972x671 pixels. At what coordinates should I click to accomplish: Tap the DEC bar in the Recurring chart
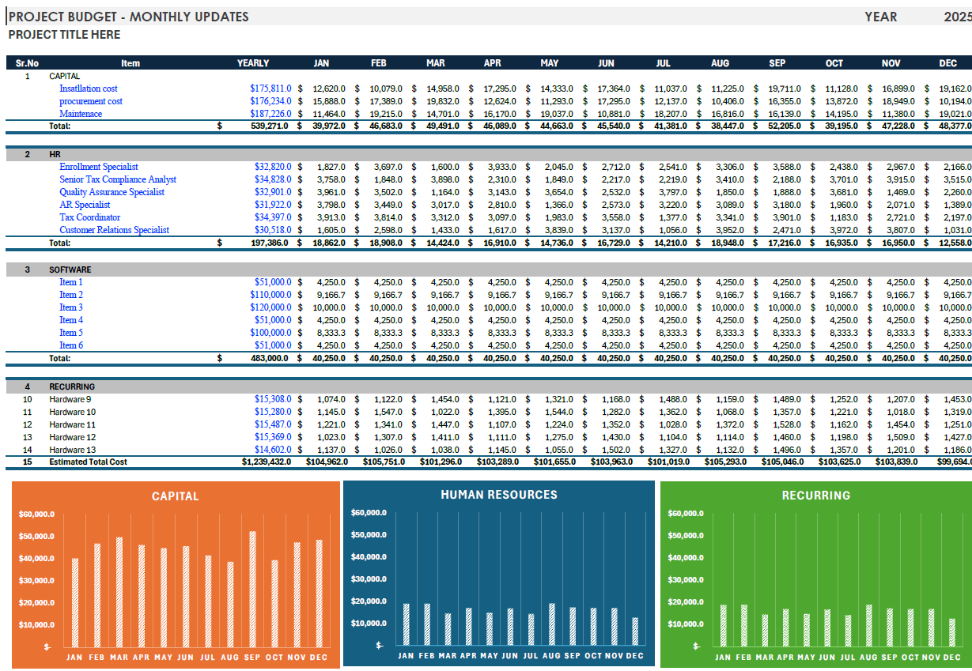tap(951, 633)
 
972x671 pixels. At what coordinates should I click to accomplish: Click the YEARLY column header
tap(253, 63)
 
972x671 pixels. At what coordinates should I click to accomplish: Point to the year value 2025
tap(957, 17)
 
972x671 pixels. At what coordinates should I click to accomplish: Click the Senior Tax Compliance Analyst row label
tap(118, 179)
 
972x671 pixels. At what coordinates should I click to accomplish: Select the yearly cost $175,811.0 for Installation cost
tap(270, 89)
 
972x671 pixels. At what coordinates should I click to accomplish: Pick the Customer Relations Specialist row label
tap(114, 230)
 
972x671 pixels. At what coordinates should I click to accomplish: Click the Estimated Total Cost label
tap(88, 462)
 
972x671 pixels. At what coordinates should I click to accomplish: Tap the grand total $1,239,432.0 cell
tap(267, 462)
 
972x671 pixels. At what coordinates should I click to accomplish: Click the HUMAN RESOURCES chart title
tap(498, 495)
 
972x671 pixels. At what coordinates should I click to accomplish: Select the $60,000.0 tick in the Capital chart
tap(36, 514)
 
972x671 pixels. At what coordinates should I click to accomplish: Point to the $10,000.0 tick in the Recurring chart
tap(684, 624)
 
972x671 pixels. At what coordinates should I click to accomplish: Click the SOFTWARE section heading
tap(70, 270)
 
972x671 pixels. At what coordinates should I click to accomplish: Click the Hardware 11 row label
tap(73, 424)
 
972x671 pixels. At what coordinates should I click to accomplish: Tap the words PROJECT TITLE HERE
tap(64, 35)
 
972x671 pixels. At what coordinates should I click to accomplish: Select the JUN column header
tap(606, 63)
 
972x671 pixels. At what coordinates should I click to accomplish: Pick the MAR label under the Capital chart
tap(119, 658)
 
